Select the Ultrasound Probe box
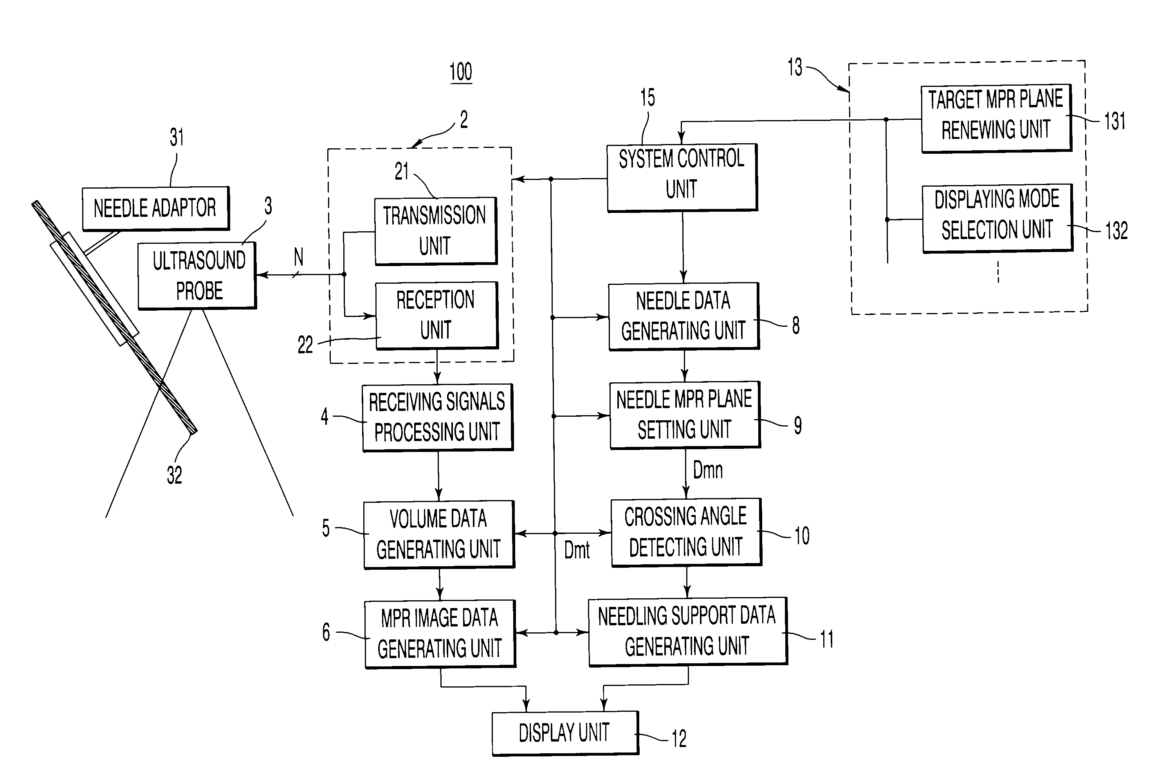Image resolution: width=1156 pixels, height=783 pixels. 197,276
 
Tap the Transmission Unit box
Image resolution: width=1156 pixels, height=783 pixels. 436,231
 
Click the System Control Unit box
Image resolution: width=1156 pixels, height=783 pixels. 682,178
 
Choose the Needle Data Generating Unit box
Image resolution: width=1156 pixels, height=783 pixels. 684,317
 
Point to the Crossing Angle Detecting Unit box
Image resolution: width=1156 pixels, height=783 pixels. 686,532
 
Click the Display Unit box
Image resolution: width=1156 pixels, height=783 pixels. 565,733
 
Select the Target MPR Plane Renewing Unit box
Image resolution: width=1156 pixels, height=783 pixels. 996,118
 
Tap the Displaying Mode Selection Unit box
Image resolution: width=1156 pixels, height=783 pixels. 997,218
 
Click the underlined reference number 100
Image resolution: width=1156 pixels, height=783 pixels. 461,72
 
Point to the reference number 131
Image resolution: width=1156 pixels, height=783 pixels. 1115,121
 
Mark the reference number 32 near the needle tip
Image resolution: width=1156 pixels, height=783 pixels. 174,475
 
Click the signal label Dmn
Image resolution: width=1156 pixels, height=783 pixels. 707,470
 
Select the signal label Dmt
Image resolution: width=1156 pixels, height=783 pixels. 577,550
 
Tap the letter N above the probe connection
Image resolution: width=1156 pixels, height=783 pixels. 298,257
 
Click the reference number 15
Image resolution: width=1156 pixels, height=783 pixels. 647,97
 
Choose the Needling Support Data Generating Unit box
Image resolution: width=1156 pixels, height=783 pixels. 687,632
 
